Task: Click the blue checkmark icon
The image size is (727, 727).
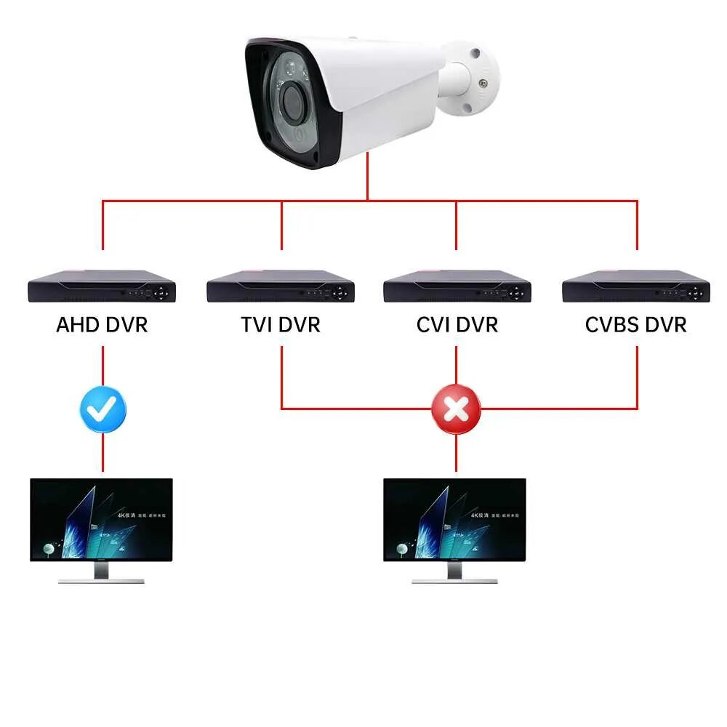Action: click(x=103, y=410)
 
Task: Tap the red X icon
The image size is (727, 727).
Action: click(x=456, y=410)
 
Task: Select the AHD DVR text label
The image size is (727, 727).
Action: click(x=102, y=324)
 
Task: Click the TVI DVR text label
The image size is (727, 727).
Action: click(x=281, y=324)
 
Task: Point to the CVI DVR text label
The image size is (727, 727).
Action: click(x=457, y=324)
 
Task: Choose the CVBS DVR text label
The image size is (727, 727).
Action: click(x=636, y=324)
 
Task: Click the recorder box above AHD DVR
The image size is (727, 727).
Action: click(x=102, y=286)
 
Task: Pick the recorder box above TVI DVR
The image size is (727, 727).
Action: click(x=281, y=286)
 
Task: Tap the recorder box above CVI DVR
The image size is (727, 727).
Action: click(x=457, y=286)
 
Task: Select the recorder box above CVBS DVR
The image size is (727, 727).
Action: click(x=636, y=286)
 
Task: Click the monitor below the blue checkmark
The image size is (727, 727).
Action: click(x=102, y=519)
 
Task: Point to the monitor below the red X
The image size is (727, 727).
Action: click(x=455, y=519)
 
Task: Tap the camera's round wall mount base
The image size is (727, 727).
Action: click(x=476, y=80)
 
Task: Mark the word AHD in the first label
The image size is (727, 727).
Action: click(x=77, y=324)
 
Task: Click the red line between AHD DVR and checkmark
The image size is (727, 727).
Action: click(x=103, y=367)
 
